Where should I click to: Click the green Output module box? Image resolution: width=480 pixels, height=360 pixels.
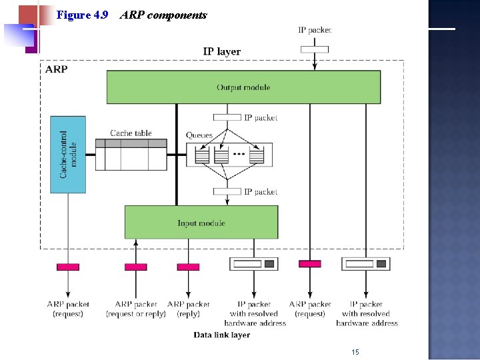243,87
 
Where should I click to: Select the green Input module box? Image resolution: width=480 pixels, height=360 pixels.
201,223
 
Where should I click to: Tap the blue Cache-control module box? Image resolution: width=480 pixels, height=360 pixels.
68,155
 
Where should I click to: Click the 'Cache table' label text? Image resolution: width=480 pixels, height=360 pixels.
131,133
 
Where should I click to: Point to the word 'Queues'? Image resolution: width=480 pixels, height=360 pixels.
199,135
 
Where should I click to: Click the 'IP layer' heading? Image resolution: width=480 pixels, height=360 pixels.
221,51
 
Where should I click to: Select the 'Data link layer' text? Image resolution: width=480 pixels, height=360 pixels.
222,335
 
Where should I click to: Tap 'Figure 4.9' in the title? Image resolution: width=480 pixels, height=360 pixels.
83,15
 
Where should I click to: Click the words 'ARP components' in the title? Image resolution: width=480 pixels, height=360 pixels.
163,15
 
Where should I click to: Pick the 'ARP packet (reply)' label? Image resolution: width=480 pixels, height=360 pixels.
188,309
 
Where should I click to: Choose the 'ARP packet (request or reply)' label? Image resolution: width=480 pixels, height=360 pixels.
136,309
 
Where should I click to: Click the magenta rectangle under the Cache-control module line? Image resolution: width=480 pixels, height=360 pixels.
68,267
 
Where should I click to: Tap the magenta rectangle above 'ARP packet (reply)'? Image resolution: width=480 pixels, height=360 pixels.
188,267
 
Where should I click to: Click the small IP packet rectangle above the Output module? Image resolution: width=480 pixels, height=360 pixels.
314,49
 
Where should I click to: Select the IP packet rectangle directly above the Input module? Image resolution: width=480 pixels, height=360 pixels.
227,191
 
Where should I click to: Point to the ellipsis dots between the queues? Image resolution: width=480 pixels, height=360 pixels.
239,155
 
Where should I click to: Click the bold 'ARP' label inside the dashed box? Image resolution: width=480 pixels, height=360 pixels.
56,69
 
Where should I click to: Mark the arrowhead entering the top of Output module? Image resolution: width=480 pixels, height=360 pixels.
314,67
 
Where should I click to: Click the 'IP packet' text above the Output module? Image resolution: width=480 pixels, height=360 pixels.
314,29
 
